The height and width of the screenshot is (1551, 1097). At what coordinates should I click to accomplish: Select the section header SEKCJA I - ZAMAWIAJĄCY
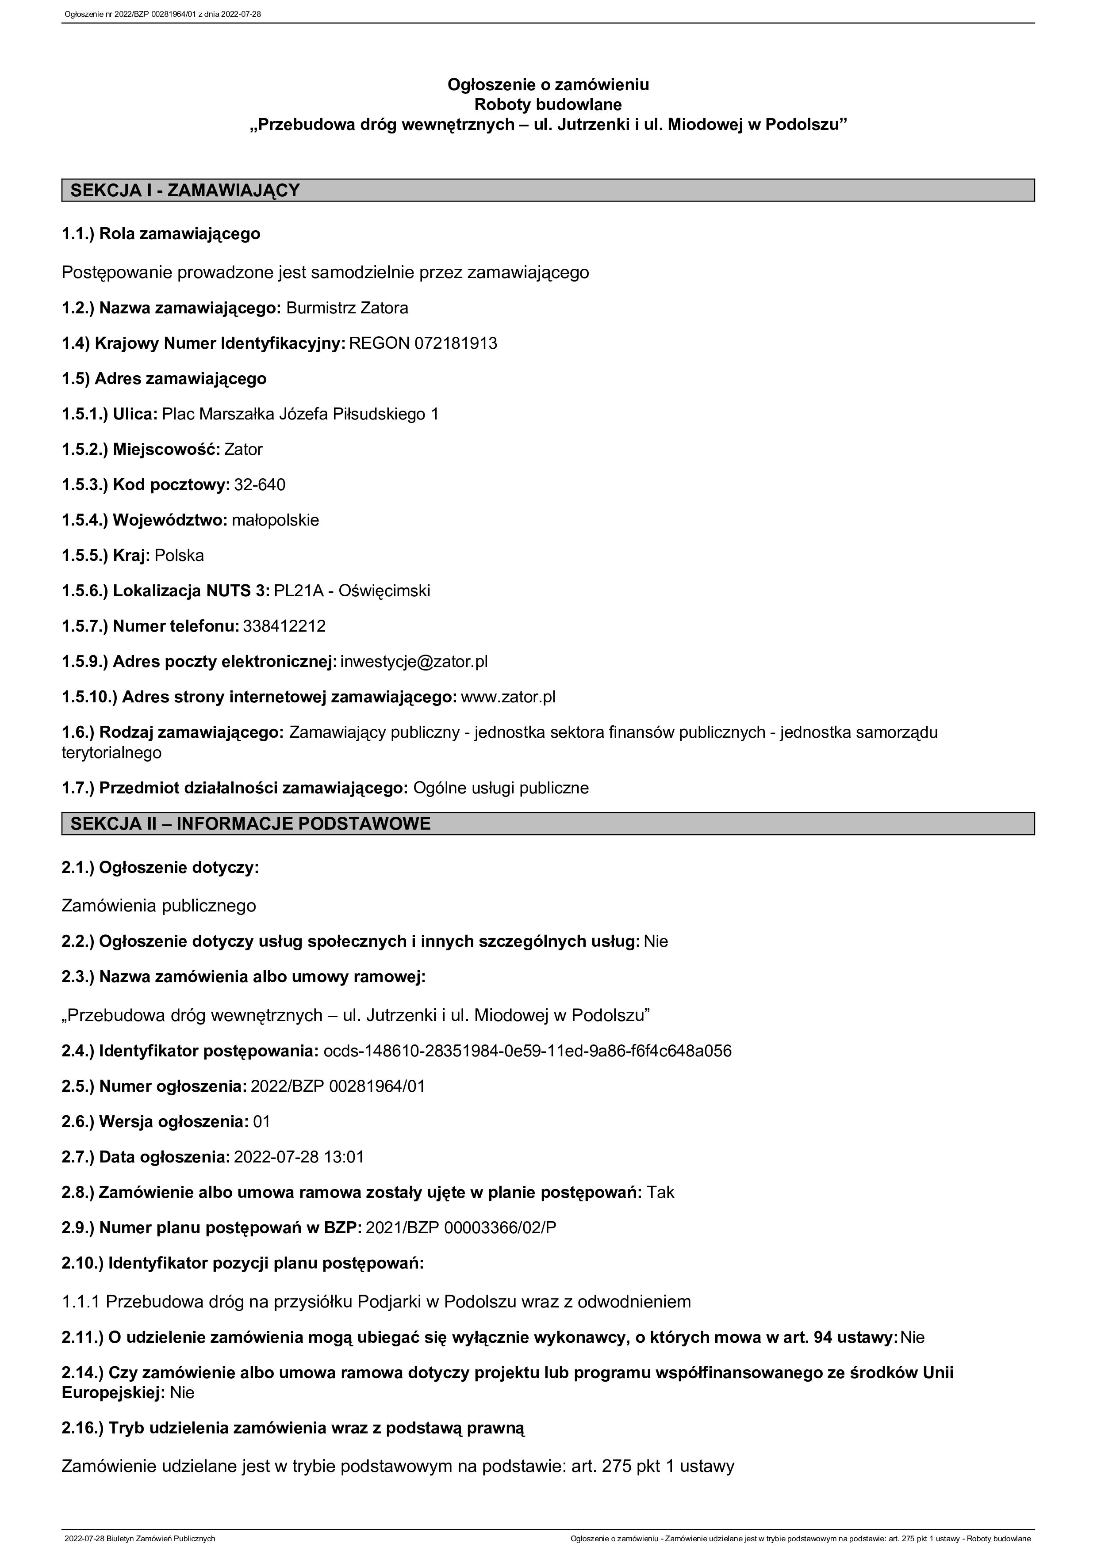(184, 191)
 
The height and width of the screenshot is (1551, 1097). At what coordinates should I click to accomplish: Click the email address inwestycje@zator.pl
(414, 661)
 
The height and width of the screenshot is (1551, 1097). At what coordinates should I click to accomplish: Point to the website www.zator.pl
(508, 697)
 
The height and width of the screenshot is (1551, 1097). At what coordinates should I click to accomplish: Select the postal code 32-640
(260, 484)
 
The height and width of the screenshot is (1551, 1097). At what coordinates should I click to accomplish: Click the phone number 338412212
(284, 626)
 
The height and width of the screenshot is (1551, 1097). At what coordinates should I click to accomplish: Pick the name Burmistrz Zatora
(347, 308)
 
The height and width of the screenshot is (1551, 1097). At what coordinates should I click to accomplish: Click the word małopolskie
(275, 520)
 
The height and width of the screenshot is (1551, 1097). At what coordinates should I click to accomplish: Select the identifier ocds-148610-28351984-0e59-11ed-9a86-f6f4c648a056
(527, 1051)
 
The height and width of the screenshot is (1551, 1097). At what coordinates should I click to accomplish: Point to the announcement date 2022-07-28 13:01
(299, 1157)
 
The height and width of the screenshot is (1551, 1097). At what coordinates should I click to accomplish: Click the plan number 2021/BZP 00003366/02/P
(461, 1227)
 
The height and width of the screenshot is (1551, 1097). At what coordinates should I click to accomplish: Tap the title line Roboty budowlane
(548, 105)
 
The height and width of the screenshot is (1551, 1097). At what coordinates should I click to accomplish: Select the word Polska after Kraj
(179, 555)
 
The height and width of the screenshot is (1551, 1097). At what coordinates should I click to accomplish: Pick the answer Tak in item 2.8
(660, 1192)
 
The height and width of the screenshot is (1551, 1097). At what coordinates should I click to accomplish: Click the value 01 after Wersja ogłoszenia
(261, 1122)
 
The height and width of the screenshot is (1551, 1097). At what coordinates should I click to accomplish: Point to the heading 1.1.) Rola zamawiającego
(161, 234)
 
